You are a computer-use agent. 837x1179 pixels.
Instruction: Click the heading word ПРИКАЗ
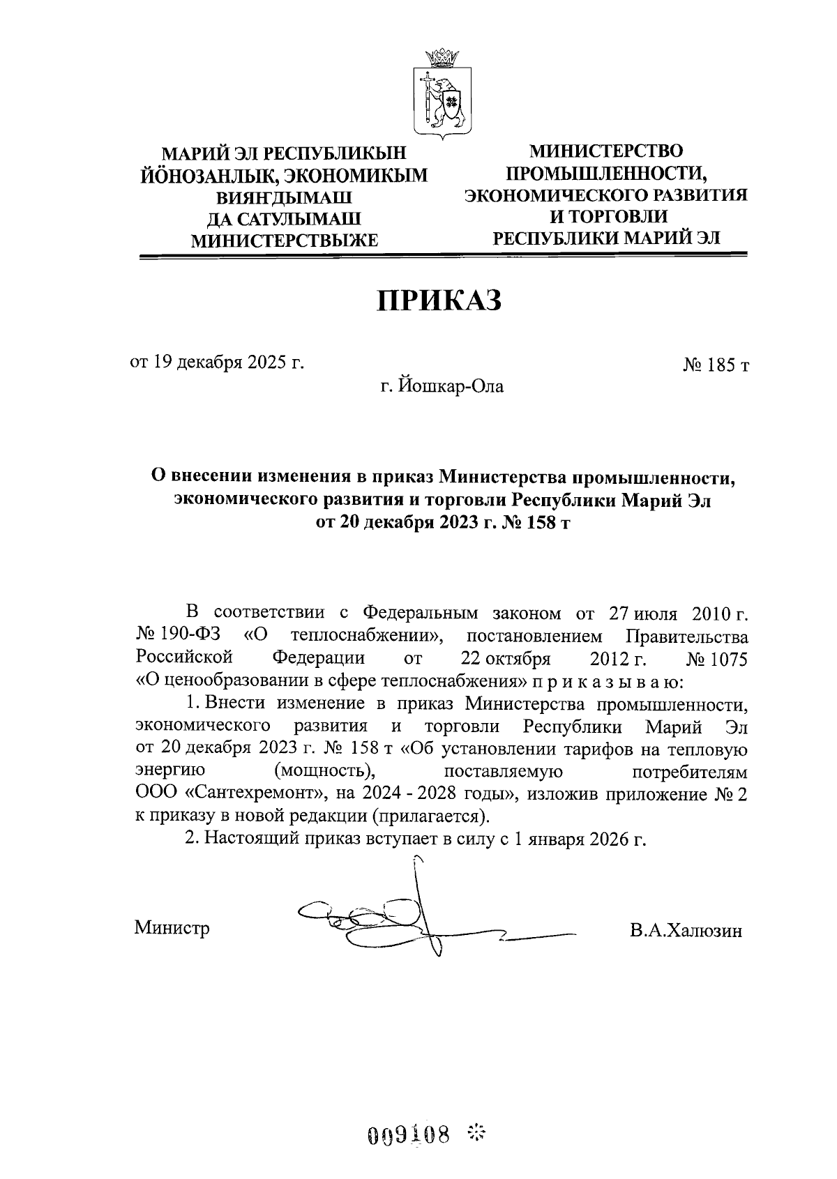pos(439,301)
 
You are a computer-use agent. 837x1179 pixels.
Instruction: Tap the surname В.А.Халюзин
pos(684,930)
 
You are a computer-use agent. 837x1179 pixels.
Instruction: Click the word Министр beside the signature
pos(172,928)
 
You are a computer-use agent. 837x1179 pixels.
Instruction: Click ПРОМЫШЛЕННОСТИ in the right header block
pos(606,173)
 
